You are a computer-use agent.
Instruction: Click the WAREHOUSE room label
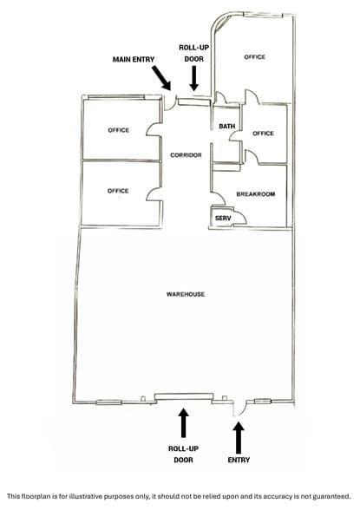pyautogui.click(x=186, y=294)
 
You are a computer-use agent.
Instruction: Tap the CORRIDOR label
pyautogui.click(x=186, y=155)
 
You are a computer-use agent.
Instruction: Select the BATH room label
pyautogui.click(x=227, y=127)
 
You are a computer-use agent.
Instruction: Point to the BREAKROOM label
pyautogui.click(x=256, y=194)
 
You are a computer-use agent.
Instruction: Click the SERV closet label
pyautogui.click(x=223, y=219)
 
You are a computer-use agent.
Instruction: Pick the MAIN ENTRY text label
pyautogui.click(x=134, y=60)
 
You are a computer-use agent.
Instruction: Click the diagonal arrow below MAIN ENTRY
pyautogui.click(x=161, y=78)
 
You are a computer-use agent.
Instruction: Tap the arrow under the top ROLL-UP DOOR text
pyautogui.click(x=194, y=78)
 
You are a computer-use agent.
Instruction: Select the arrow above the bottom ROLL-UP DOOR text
pyautogui.click(x=184, y=423)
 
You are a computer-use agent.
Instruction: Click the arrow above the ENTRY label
pyautogui.click(x=239, y=437)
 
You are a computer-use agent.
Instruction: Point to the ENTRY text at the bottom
pyautogui.click(x=239, y=460)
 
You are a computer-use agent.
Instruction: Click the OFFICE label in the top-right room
pyautogui.click(x=255, y=57)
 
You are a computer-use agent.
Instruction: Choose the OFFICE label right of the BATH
pyautogui.click(x=263, y=134)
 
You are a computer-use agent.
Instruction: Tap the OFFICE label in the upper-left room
pyautogui.click(x=119, y=130)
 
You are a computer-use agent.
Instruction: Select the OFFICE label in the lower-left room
pyautogui.click(x=118, y=191)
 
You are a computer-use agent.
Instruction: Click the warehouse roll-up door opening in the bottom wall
pyautogui.click(x=184, y=396)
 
